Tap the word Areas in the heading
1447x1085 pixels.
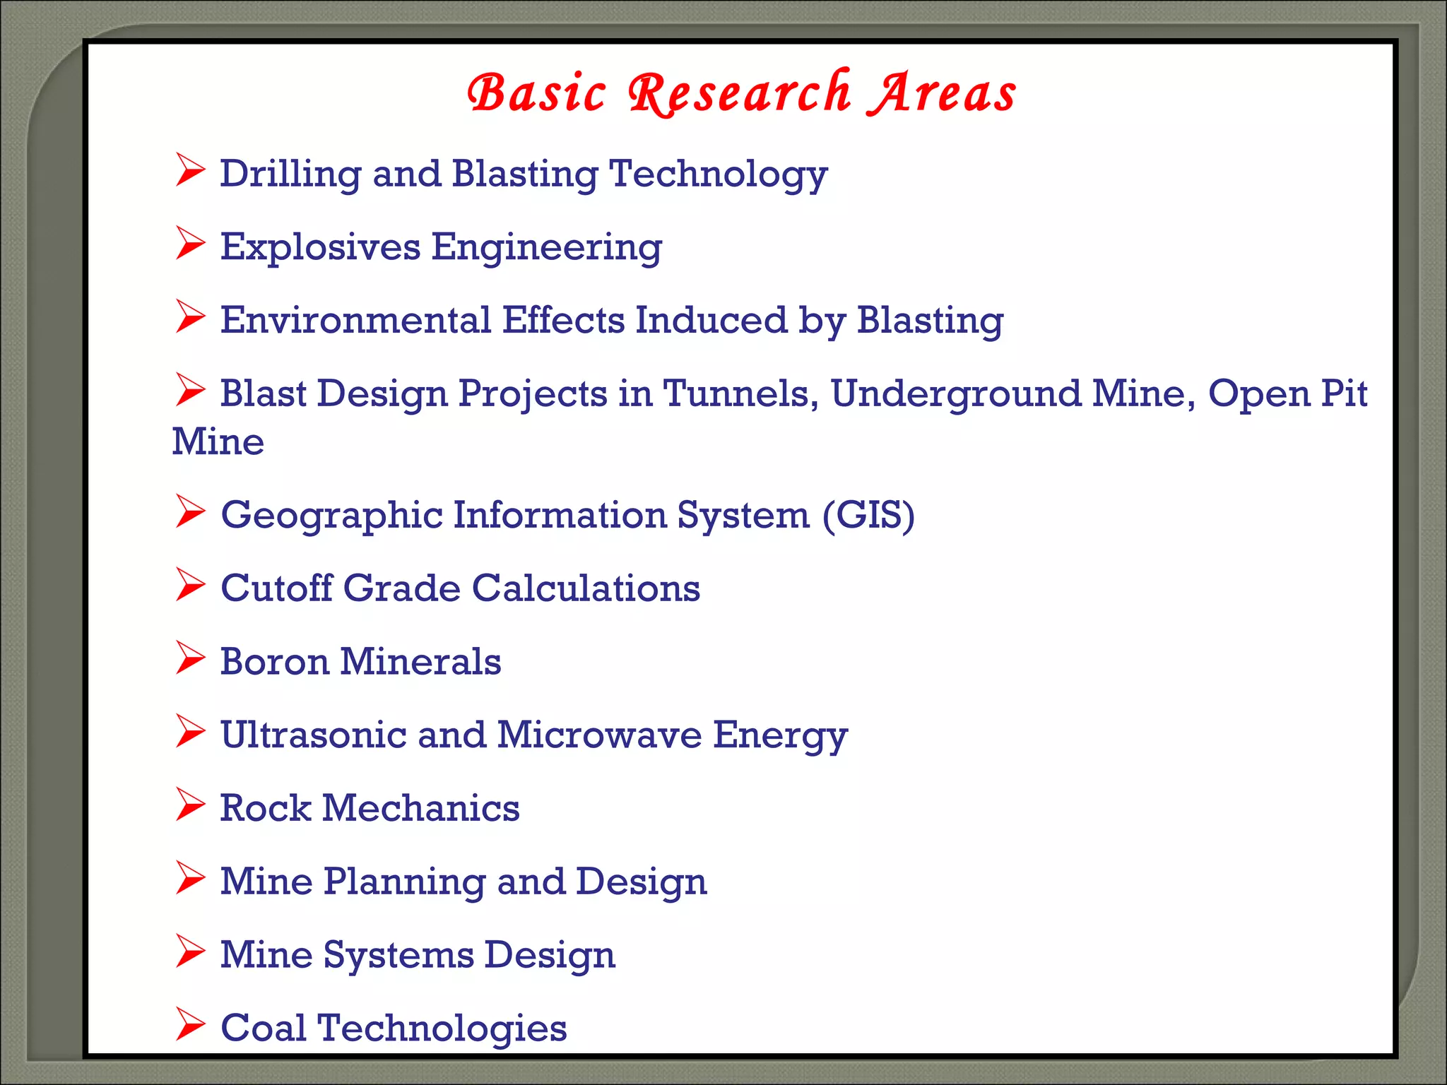[x=943, y=94]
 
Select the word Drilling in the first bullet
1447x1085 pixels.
[x=290, y=174]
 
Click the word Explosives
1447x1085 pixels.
[x=320, y=248]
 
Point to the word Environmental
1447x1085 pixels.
[x=355, y=320]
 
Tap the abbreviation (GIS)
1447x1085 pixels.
[x=868, y=515]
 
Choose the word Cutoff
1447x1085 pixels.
[x=276, y=588]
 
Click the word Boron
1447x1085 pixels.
[x=275, y=662]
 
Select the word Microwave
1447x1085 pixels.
[x=599, y=735]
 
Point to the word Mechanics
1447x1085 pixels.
[x=420, y=808]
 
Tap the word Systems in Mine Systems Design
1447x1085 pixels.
[x=399, y=955]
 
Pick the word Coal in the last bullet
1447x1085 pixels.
[x=264, y=1028]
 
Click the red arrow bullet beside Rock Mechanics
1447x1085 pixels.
[x=190, y=805]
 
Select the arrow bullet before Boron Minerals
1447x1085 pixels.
[x=190, y=658]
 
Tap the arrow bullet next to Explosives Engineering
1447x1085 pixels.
[x=190, y=244]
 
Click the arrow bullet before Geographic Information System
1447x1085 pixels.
[x=190, y=511]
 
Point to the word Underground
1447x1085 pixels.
[x=956, y=394]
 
